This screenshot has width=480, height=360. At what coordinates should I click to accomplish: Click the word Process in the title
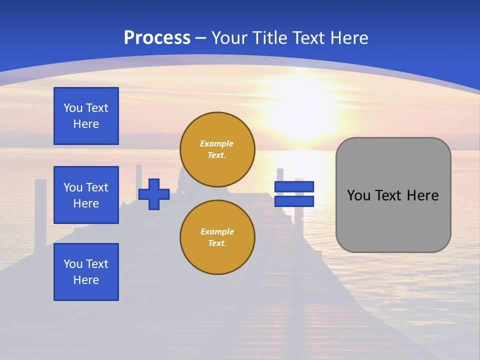157,38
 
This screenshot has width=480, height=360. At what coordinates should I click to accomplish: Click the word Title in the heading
270,38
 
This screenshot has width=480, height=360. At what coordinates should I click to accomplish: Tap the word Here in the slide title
349,38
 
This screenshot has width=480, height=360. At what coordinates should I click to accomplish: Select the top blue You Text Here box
86,116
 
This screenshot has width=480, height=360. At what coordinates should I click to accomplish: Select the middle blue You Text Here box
86,195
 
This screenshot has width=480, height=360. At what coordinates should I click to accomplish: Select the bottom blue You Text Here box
86,272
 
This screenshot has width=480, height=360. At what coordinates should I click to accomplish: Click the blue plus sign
154,194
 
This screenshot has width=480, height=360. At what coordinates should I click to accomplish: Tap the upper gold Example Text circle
217,149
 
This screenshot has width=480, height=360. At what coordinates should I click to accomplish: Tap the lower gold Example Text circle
217,237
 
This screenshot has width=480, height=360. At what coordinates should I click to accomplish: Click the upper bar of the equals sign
294,186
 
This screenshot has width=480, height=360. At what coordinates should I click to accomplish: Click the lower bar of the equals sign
294,201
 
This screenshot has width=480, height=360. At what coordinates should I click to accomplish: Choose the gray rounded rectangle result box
393,220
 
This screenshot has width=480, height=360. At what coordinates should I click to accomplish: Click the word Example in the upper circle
216,143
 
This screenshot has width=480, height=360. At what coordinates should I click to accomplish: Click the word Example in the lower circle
216,231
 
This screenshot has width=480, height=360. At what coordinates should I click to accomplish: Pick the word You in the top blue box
72,108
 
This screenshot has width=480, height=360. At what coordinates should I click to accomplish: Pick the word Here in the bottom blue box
86,280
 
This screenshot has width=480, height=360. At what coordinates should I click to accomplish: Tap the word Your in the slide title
229,38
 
